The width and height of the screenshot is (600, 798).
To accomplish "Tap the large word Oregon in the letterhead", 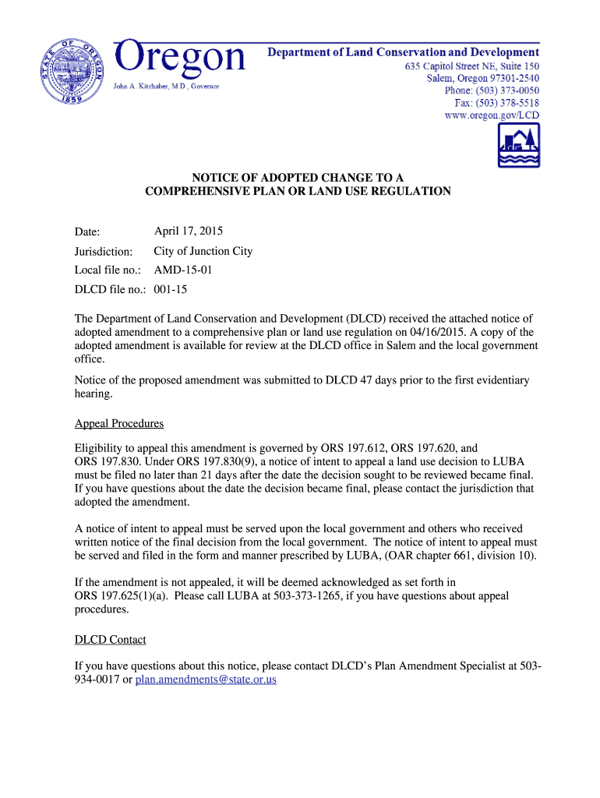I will coord(180,58).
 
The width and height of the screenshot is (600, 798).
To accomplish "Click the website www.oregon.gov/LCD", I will coord(492,115).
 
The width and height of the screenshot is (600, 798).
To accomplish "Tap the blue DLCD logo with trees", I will coord(519,145).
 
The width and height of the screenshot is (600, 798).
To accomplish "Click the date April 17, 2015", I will coord(189,231).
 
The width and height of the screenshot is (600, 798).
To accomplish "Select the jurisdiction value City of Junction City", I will coord(203,251).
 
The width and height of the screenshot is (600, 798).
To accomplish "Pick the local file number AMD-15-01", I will coord(182,270).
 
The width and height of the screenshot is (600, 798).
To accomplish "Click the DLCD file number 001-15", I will coord(171,290).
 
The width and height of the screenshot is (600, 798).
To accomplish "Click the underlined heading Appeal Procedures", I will coord(119,424).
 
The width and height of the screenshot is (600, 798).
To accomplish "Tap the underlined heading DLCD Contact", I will coord(110,640).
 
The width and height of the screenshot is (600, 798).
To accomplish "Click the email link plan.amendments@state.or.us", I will coord(206,680).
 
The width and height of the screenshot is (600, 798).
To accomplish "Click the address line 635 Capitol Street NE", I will coord(471,66).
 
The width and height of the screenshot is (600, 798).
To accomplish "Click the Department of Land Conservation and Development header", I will coord(403,52).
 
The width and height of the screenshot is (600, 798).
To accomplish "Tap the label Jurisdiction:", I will coord(104,252).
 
